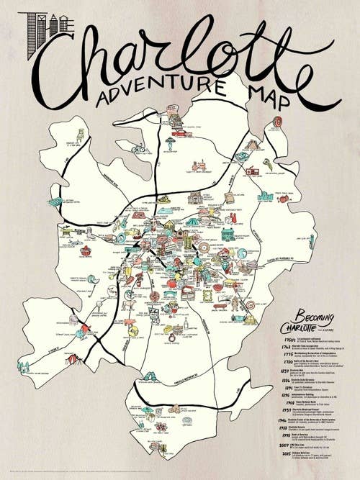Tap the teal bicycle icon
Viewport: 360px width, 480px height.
[x=139, y=148]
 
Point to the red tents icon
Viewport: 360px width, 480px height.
[x=73, y=358]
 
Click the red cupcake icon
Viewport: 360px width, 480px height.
[x=86, y=250]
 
